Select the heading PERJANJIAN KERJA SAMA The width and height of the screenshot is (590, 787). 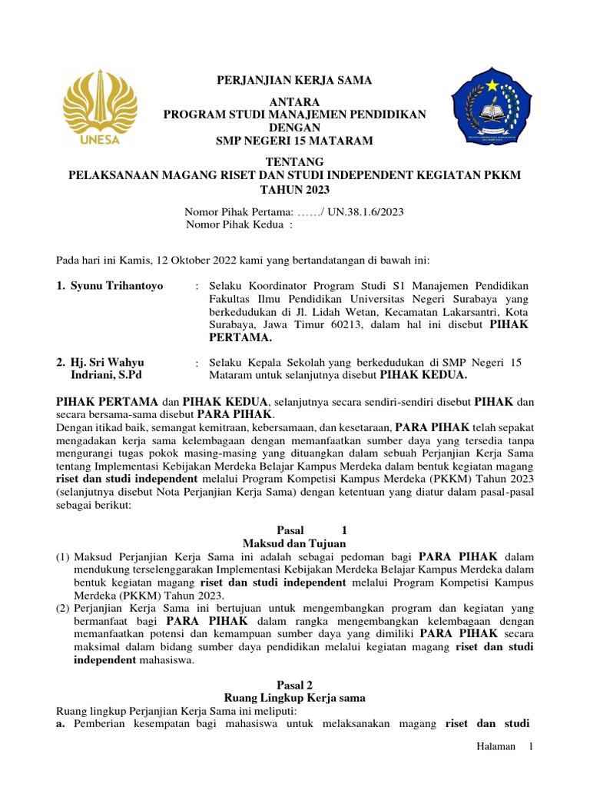295,80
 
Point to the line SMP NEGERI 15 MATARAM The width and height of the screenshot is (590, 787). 295,141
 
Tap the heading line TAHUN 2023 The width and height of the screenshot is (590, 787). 295,189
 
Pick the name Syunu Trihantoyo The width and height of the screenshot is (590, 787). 117,286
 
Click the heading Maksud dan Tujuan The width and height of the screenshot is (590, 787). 295,543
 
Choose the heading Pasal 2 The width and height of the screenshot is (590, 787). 295,684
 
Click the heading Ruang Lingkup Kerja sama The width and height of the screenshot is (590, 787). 295,698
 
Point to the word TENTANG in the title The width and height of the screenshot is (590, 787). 295,161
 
